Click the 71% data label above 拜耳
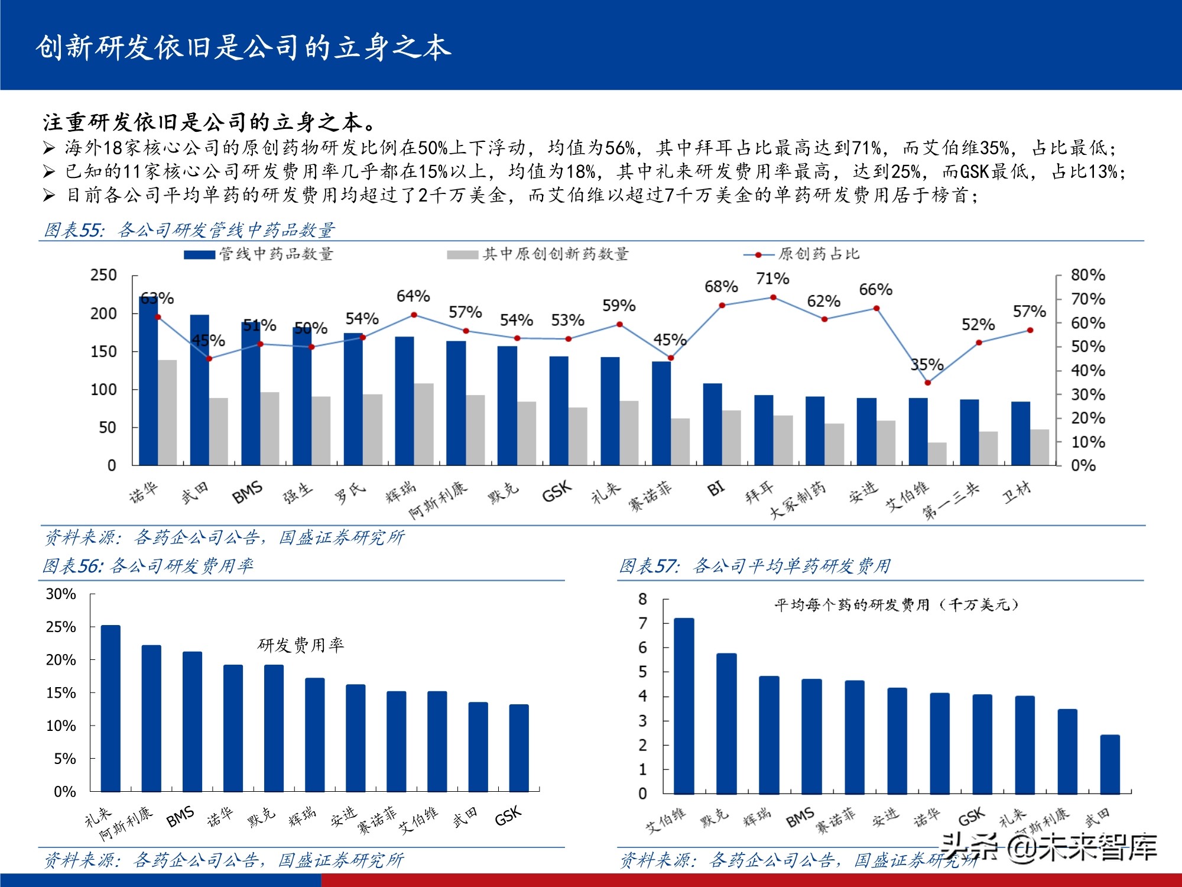[x=772, y=279]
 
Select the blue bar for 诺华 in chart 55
[x=148, y=381]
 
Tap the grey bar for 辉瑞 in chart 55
[x=424, y=424]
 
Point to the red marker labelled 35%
[x=928, y=383]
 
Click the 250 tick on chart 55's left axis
[x=103, y=275]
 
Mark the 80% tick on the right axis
[x=1087, y=275]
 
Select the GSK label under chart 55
[x=557, y=491]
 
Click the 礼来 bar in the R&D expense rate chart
[x=111, y=708]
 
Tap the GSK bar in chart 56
[x=519, y=748]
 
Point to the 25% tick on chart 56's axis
[x=61, y=627]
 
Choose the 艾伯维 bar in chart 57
[x=684, y=706]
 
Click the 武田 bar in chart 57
[x=1110, y=764]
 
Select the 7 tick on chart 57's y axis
[x=643, y=623]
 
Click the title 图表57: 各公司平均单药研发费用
[x=755, y=566]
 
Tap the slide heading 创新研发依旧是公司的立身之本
[x=243, y=47]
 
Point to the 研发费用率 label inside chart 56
[x=301, y=645]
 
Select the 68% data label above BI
[x=721, y=287]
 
